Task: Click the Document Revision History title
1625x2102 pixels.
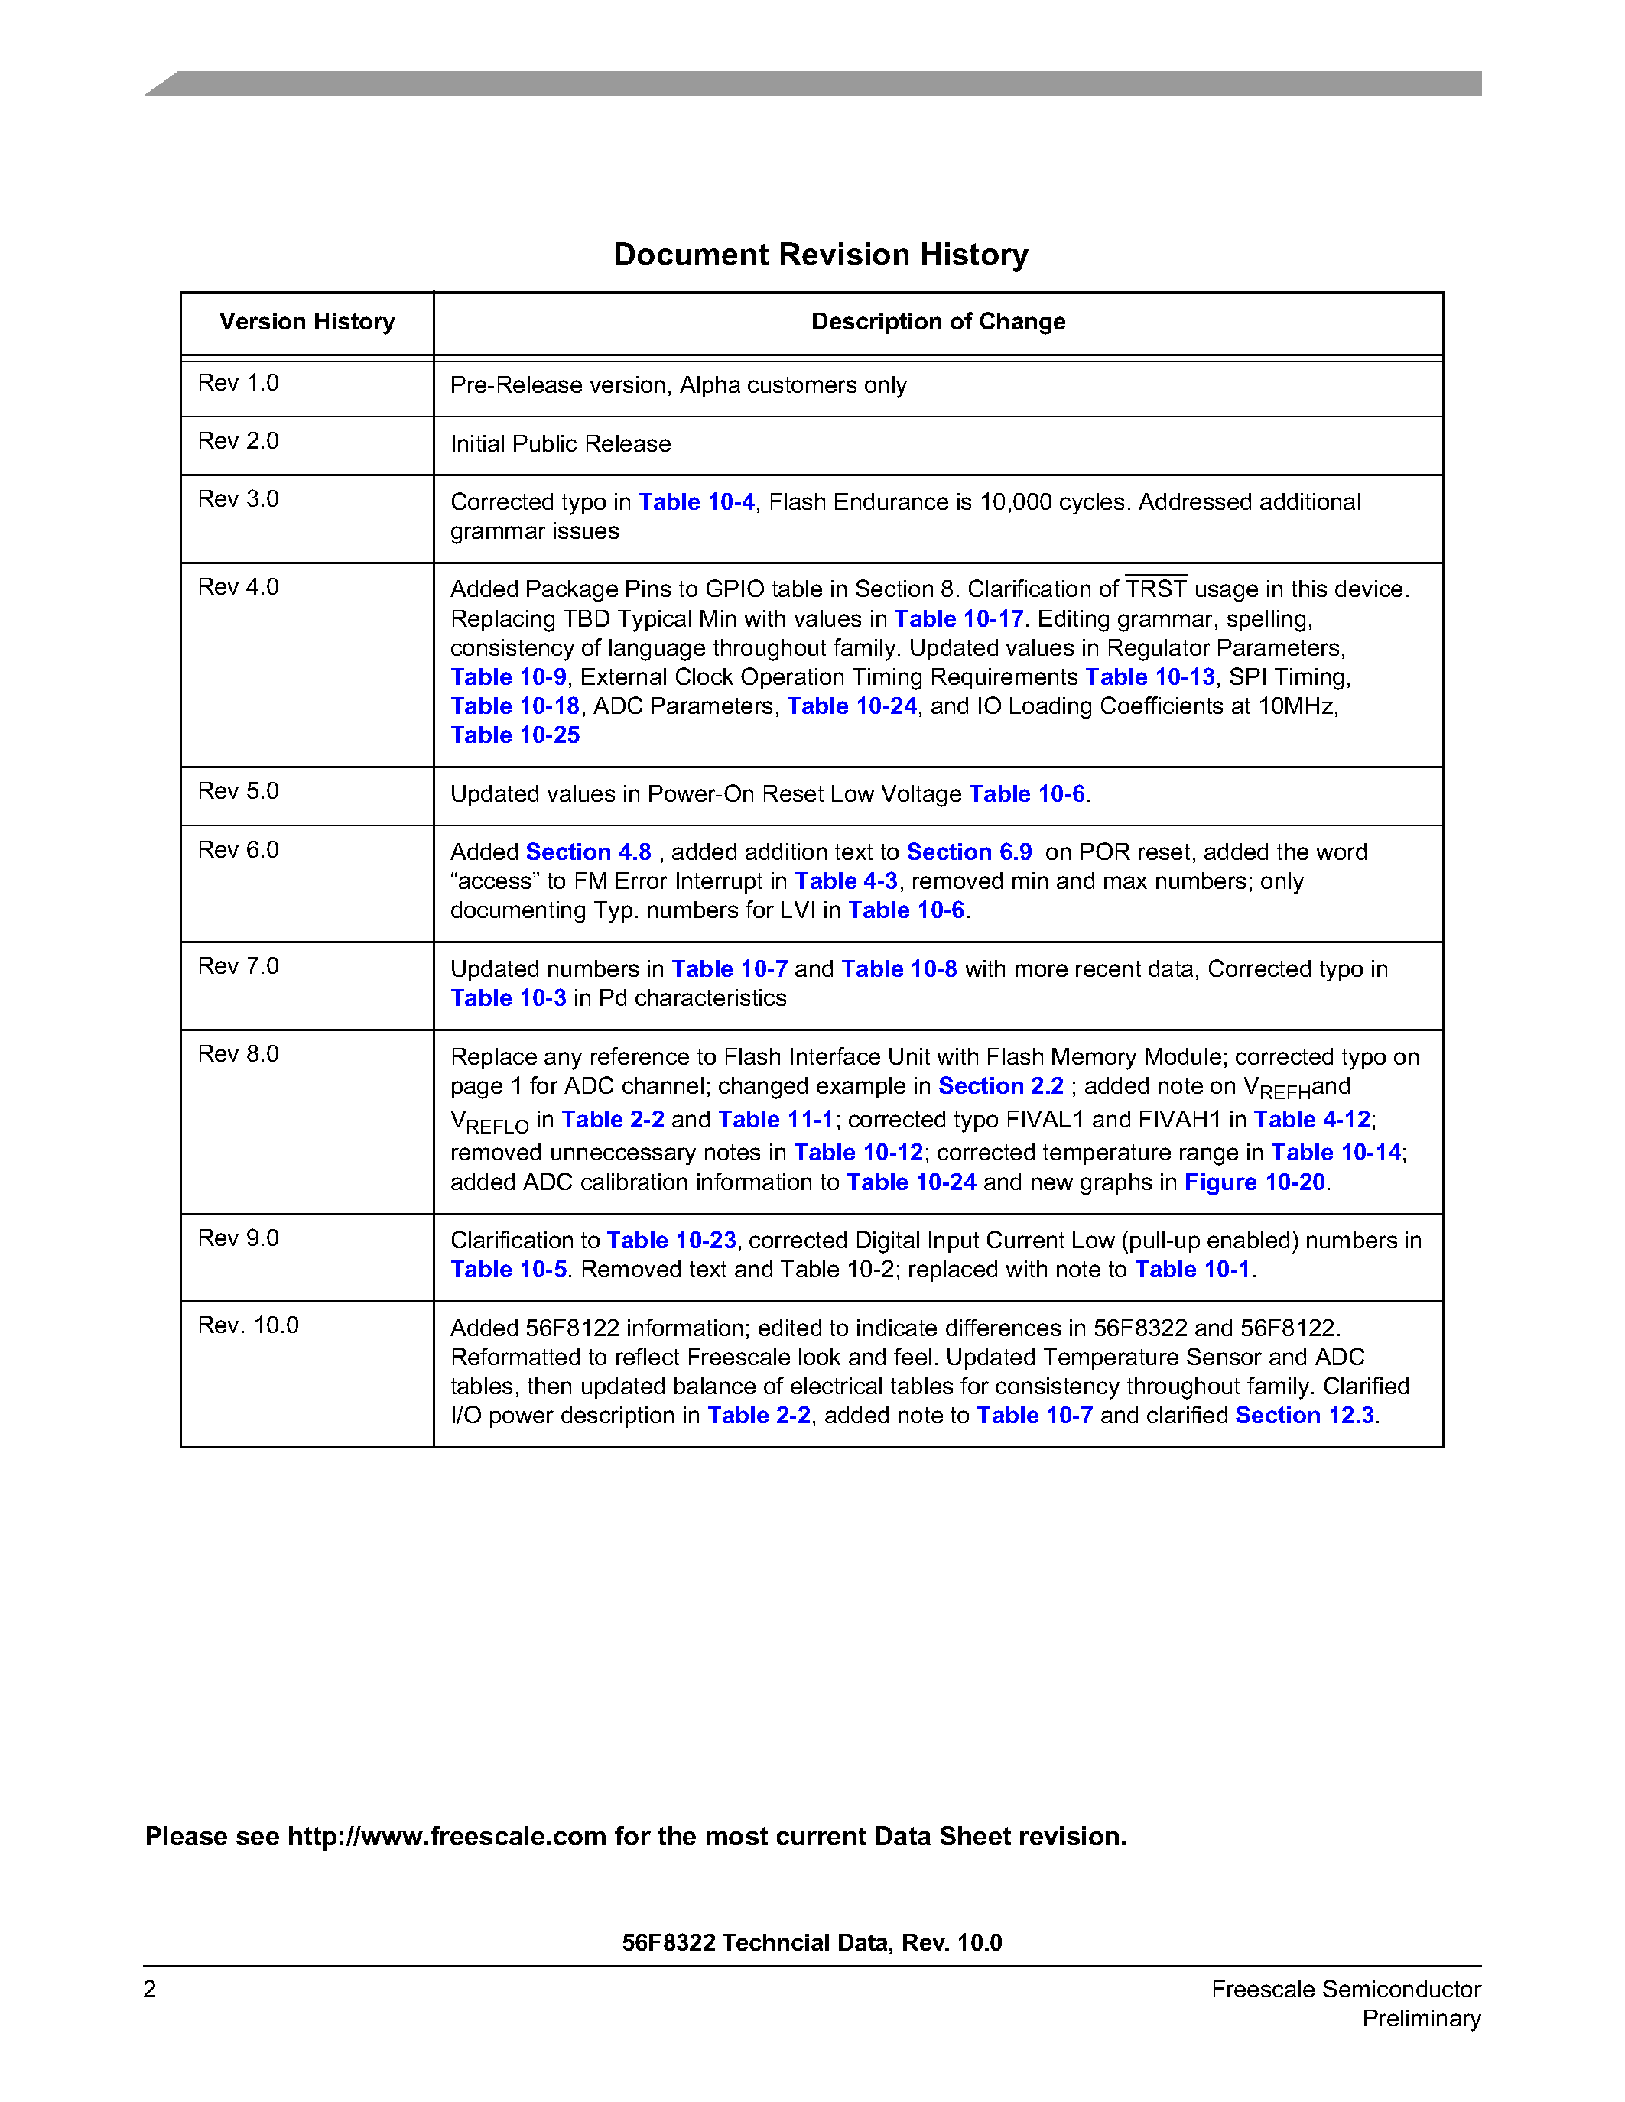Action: pos(821,255)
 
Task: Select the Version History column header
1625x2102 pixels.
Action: pos(307,322)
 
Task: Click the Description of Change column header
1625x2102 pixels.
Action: pos(938,322)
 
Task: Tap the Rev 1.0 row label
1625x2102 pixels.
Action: pos(238,383)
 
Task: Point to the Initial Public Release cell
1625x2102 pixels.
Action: pos(561,443)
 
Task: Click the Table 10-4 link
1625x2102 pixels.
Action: pos(696,502)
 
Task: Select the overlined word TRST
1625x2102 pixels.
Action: pos(1155,589)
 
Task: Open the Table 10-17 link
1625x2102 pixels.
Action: pos(958,619)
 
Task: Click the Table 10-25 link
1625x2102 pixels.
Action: pos(515,735)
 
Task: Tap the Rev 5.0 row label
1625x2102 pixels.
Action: pos(238,791)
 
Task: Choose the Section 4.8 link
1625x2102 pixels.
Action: pos(588,853)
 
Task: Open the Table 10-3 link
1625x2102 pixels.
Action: pos(509,998)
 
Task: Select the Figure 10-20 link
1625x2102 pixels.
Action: pos(1253,1183)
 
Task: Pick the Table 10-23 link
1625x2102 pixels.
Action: pos(671,1241)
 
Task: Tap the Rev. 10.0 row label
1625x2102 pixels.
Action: pos(249,1325)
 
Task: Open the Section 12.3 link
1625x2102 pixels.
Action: pos(1304,1416)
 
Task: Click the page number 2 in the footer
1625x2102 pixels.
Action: pos(150,1990)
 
